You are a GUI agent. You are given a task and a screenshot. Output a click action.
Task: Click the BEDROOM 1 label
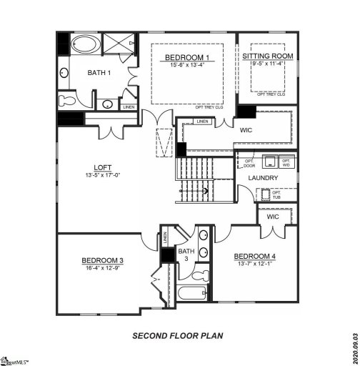[x=188, y=56]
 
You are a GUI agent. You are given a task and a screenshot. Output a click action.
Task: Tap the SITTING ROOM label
[x=267, y=56]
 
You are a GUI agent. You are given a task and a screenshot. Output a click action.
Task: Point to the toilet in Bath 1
[x=66, y=99]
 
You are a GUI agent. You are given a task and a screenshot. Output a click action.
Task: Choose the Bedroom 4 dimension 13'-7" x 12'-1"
[x=253, y=264]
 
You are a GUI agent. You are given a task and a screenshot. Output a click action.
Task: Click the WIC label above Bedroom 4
[x=272, y=217]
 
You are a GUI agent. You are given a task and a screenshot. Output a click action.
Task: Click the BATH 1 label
[x=99, y=73]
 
